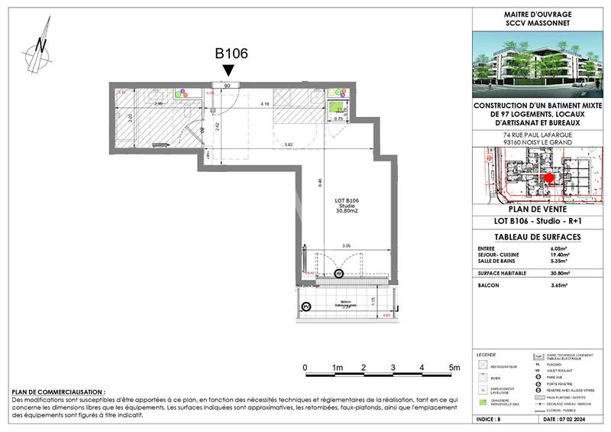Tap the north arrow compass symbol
pyautogui.click(x=40, y=47)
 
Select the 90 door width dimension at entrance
pyautogui.click(x=227, y=86)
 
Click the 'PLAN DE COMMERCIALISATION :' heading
pyautogui.click(x=59, y=391)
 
